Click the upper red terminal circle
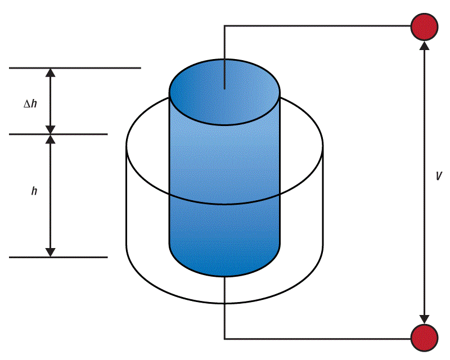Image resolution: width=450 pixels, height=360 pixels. click(424, 26)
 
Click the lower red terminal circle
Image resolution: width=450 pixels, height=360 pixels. click(424, 338)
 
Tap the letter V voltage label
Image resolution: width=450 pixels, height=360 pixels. click(439, 176)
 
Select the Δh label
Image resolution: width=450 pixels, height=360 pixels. click(30, 103)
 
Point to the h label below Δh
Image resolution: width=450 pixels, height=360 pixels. click(34, 191)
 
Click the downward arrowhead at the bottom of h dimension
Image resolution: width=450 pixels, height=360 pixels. click(51, 252)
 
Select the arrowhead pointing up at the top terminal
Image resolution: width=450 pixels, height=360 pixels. click(424, 45)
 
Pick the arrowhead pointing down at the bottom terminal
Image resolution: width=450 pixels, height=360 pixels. click(424, 319)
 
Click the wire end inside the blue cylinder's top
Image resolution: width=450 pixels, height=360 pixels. click(225, 88)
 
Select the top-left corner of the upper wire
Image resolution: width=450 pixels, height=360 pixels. click(225, 26)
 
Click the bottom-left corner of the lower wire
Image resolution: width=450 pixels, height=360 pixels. click(225, 339)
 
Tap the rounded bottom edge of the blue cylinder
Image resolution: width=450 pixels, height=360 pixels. click(225, 275)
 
